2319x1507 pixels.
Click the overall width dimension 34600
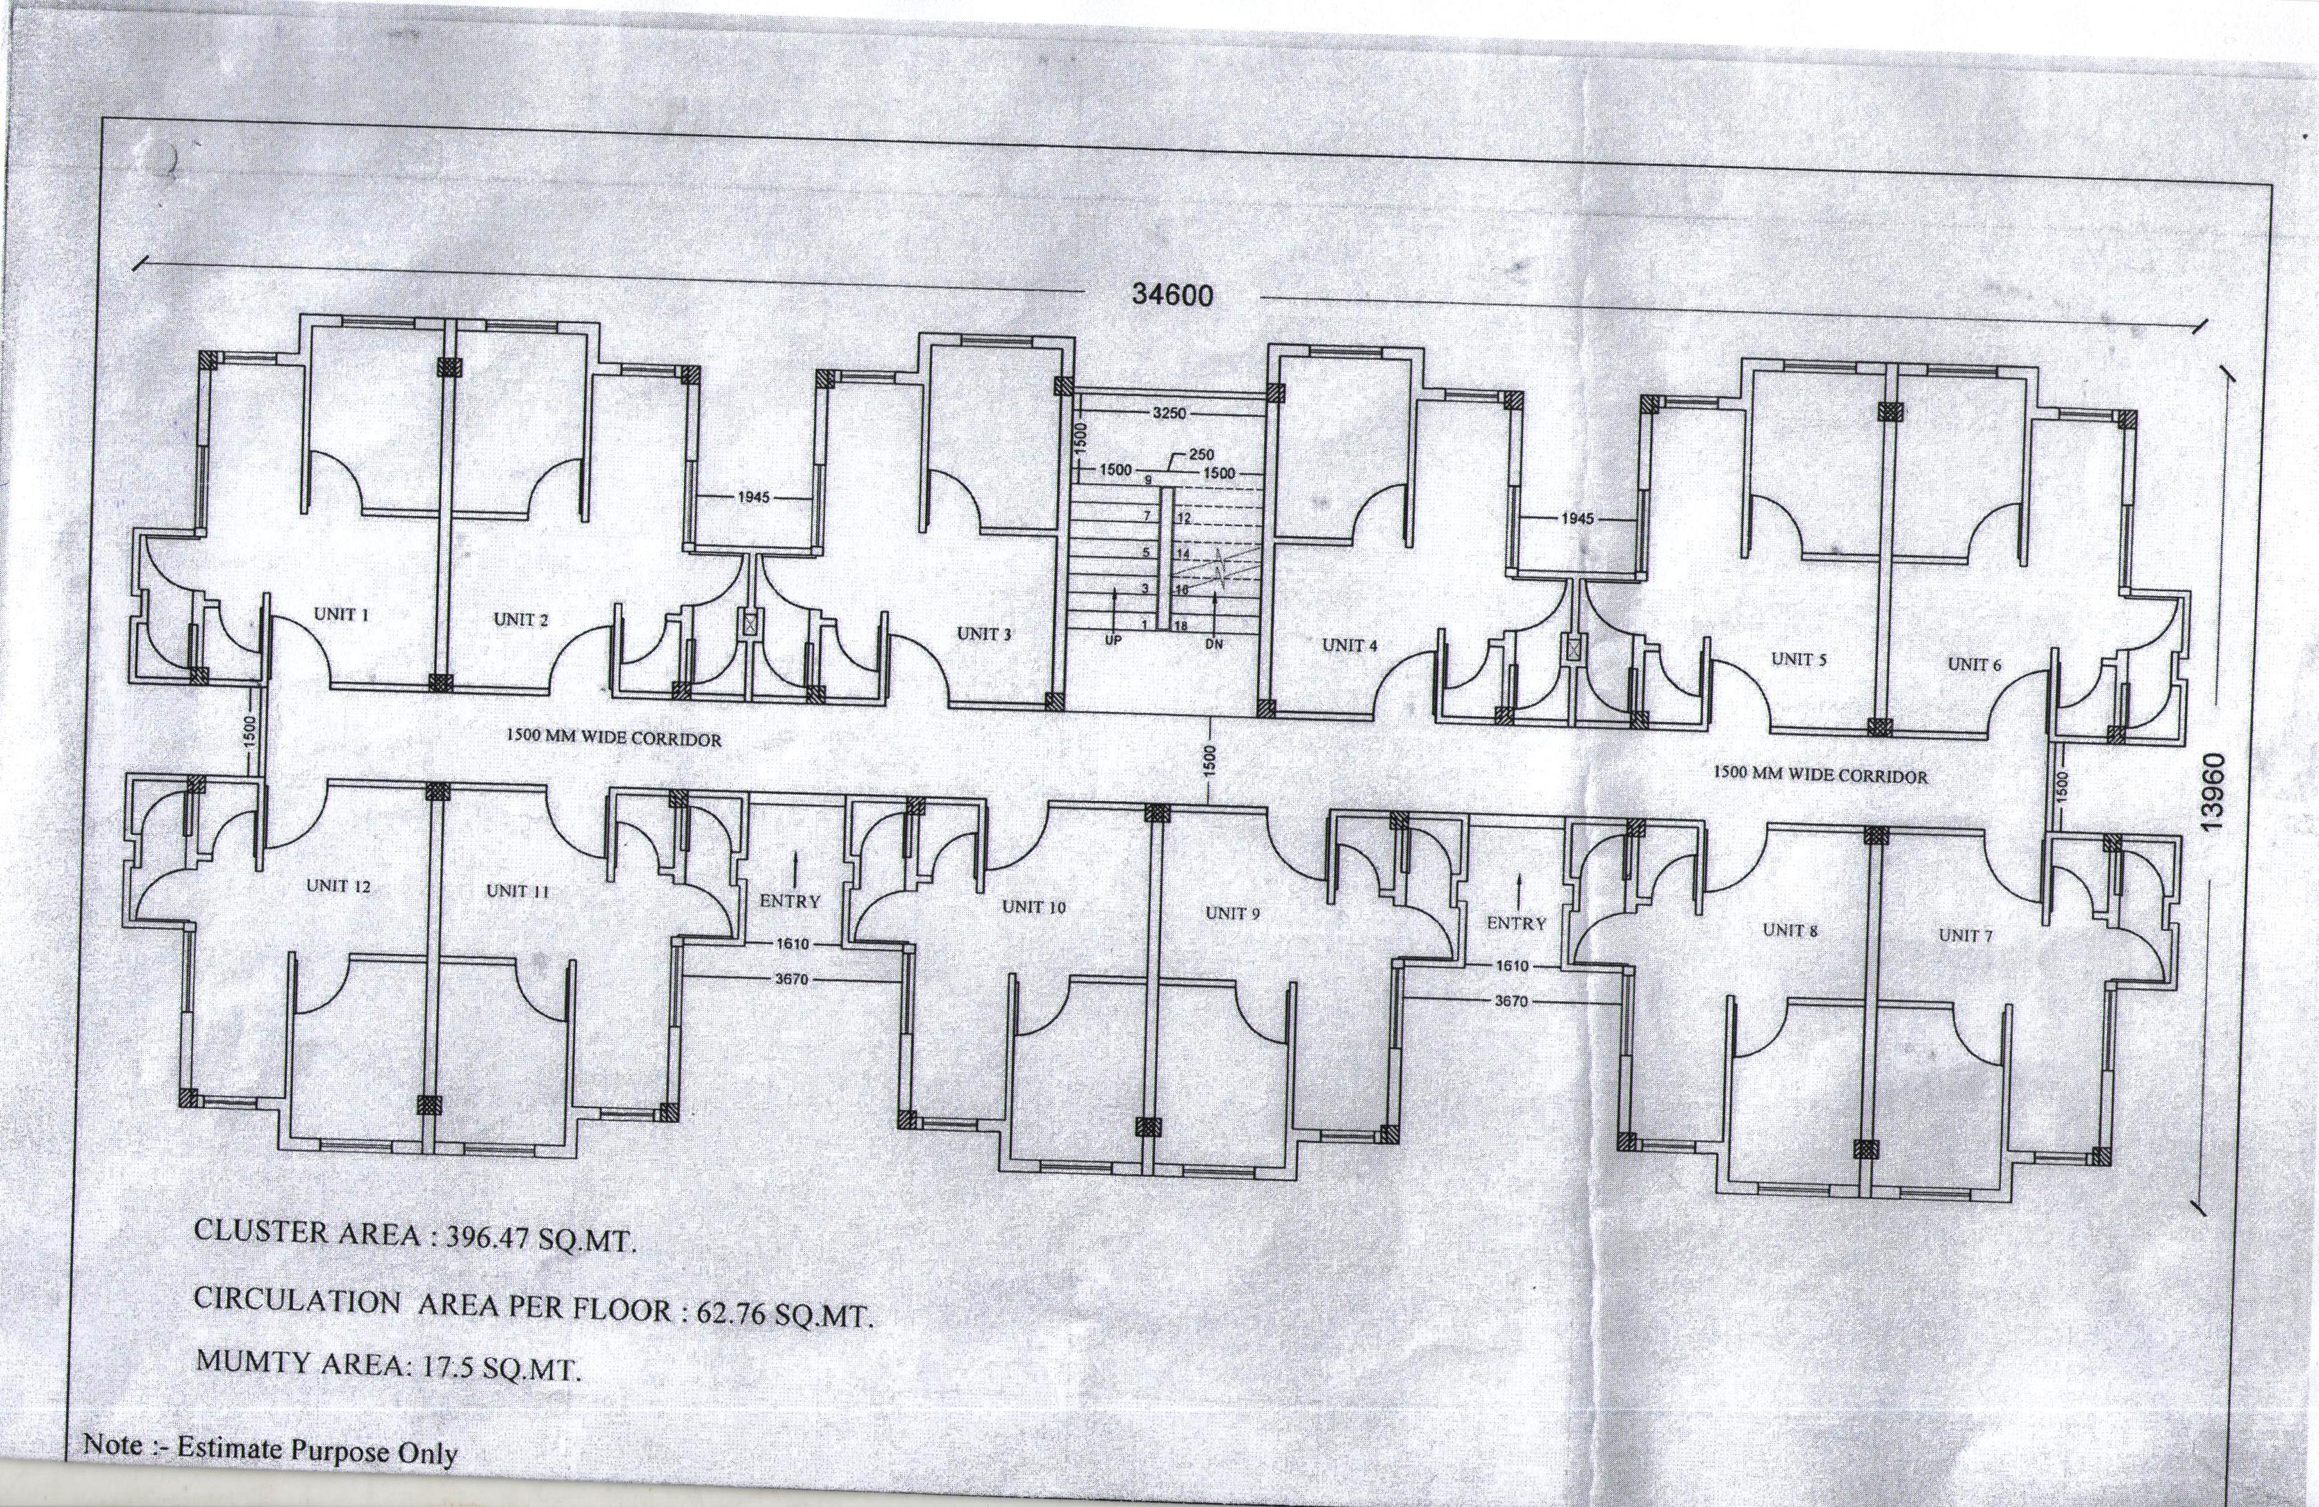[1172, 295]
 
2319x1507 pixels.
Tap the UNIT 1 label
[341, 614]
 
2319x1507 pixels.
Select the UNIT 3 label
[984, 634]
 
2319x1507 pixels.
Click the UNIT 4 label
[1349, 645]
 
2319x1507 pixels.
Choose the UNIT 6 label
[1974, 665]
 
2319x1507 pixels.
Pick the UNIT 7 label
[1965, 936]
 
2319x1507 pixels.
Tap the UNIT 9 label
[1233, 914]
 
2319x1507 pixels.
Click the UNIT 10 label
[1034, 907]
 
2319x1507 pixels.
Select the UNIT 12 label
[338, 886]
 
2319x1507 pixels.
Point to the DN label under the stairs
[1213, 644]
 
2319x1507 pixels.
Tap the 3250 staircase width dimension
[1170, 413]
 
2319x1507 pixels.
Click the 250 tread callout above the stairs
[1202, 455]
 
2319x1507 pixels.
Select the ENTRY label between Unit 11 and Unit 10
[790, 902]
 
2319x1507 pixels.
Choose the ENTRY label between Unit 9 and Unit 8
[1516, 923]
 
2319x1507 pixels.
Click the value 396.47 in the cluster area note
[487, 1237]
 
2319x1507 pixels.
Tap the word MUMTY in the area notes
[253, 1361]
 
